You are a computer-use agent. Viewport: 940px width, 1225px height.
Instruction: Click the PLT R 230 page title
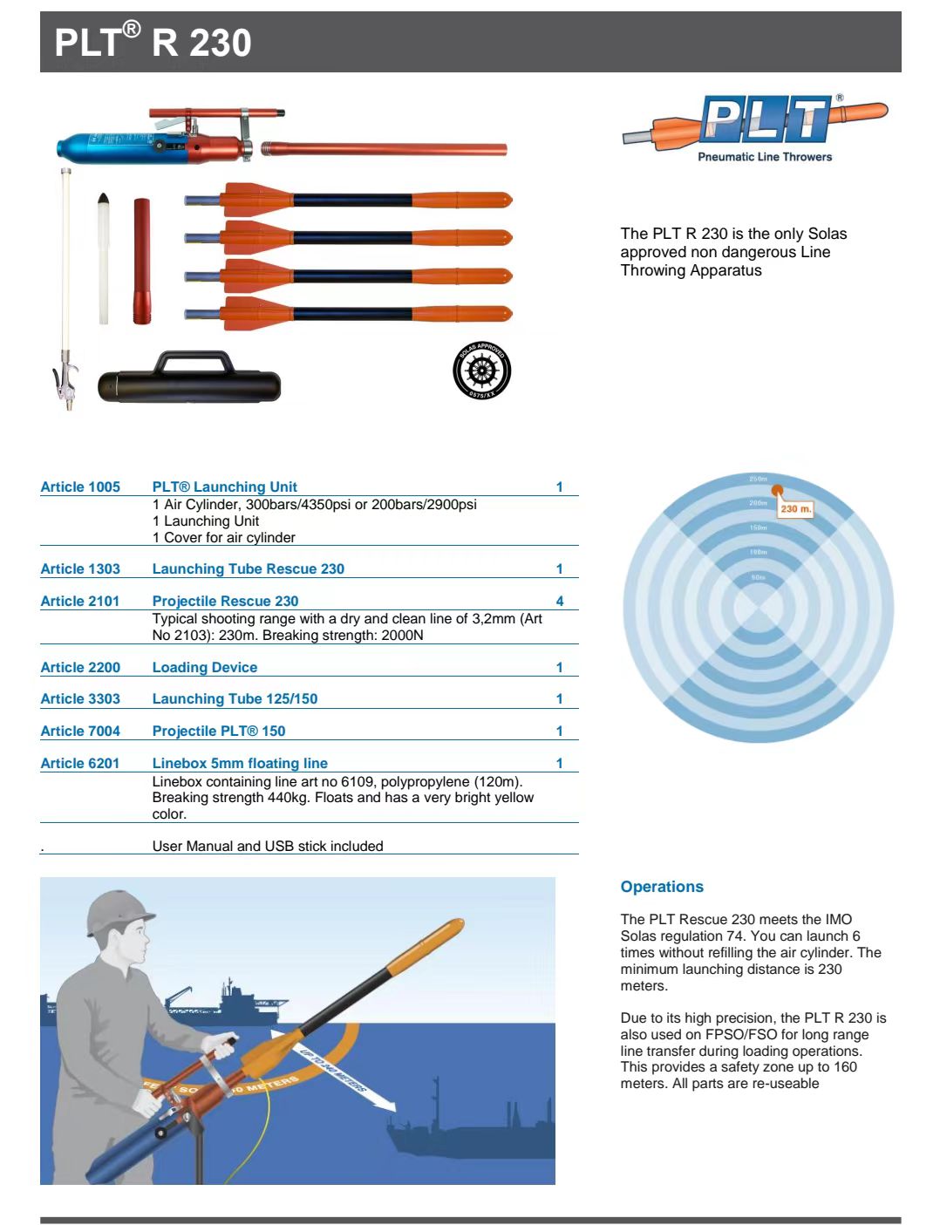pyautogui.click(x=153, y=43)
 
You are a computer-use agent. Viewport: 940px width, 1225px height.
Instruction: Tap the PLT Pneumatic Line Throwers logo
pyautogui.click(x=755, y=126)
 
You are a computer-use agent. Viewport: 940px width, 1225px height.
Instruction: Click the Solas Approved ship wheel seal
pyautogui.click(x=482, y=371)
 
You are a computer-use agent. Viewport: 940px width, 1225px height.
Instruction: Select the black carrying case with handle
pyautogui.click(x=189, y=381)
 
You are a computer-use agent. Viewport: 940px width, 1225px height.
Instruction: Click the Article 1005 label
pyautogui.click(x=80, y=487)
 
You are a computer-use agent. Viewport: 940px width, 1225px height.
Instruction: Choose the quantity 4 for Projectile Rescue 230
pyautogui.click(x=560, y=602)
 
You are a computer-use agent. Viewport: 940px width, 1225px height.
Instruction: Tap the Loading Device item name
pyautogui.click(x=205, y=668)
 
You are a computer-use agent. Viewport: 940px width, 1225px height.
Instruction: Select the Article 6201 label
pyautogui.click(x=80, y=764)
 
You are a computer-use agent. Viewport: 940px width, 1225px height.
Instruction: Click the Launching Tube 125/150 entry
pyautogui.click(x=235, y=699)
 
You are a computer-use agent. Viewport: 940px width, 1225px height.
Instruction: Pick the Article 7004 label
pyautogui.click(x=80, y=732)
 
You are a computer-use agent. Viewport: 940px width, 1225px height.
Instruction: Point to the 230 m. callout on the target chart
pyautogui.click(x=795, y=508)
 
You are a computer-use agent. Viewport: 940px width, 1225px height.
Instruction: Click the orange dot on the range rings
pyautogui.click(x=777, y=491)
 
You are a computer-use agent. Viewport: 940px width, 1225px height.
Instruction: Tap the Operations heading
pyautogui.click(x=662, y=887)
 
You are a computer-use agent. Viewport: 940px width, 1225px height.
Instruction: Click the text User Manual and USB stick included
pyautogui.click(x=268, y=847)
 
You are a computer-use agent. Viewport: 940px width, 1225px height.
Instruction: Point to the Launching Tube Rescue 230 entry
pyautogui.click(x=249, y=569)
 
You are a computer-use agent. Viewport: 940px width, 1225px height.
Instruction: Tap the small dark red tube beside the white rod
pyautogui.click(x=142, y=261)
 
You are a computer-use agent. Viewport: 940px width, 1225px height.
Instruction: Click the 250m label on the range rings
pyautogui.click(x=758, y=480)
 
